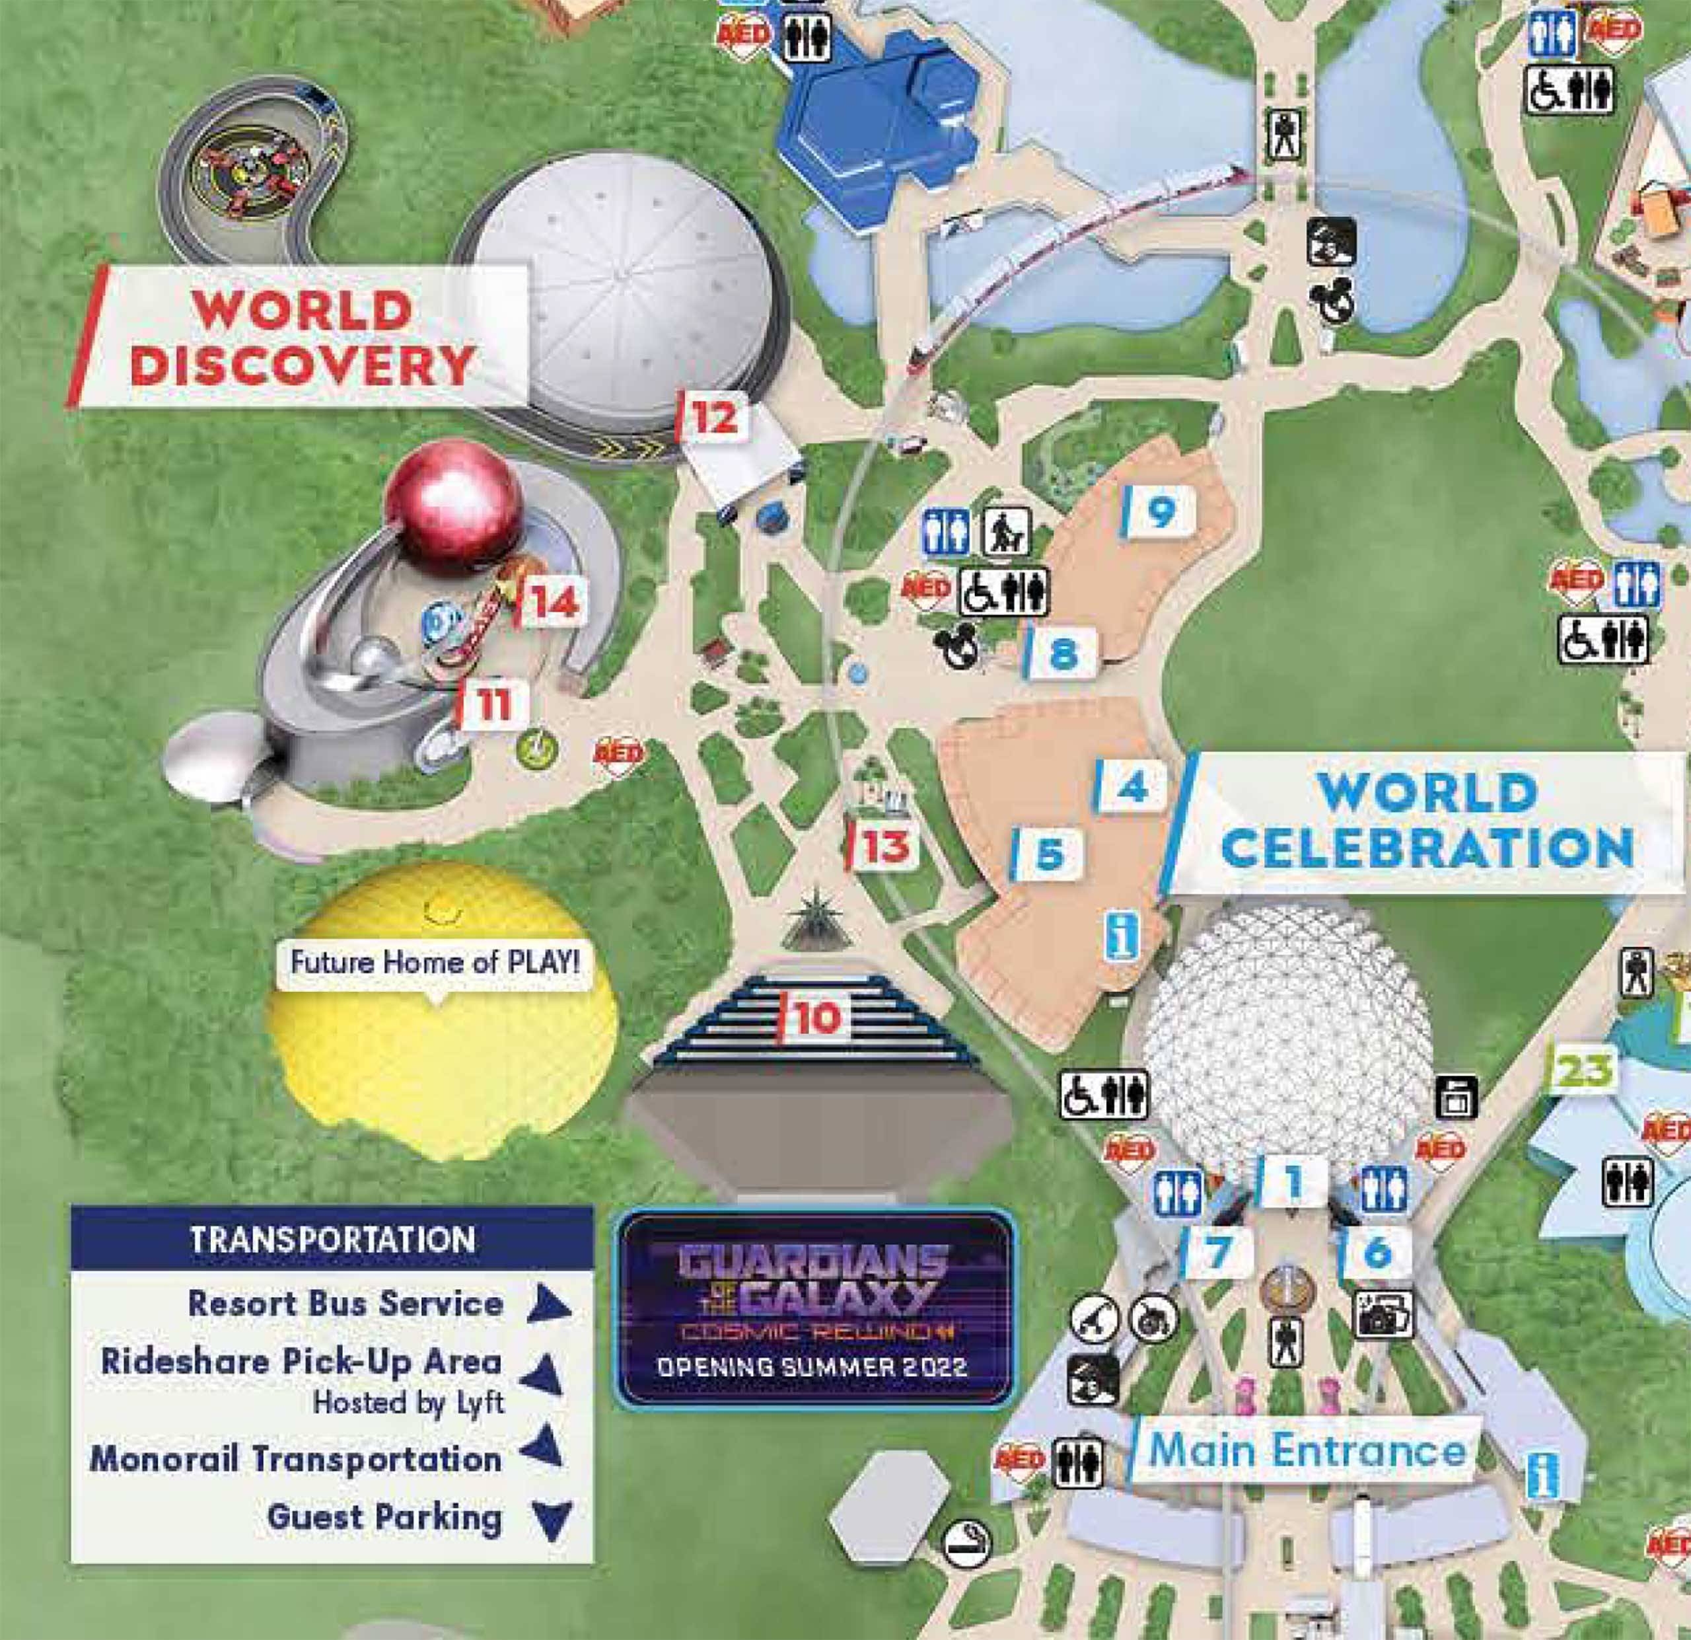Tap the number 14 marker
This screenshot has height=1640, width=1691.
click(552, 603)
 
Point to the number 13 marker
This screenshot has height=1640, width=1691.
click(882, 846)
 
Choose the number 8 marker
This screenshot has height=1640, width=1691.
click(1061, 653)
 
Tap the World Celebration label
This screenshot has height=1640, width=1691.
click(1425, 820)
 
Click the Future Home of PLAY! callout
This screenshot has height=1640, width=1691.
click(434, 963)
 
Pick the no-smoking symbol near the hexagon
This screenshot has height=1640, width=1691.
click(966, 1542)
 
